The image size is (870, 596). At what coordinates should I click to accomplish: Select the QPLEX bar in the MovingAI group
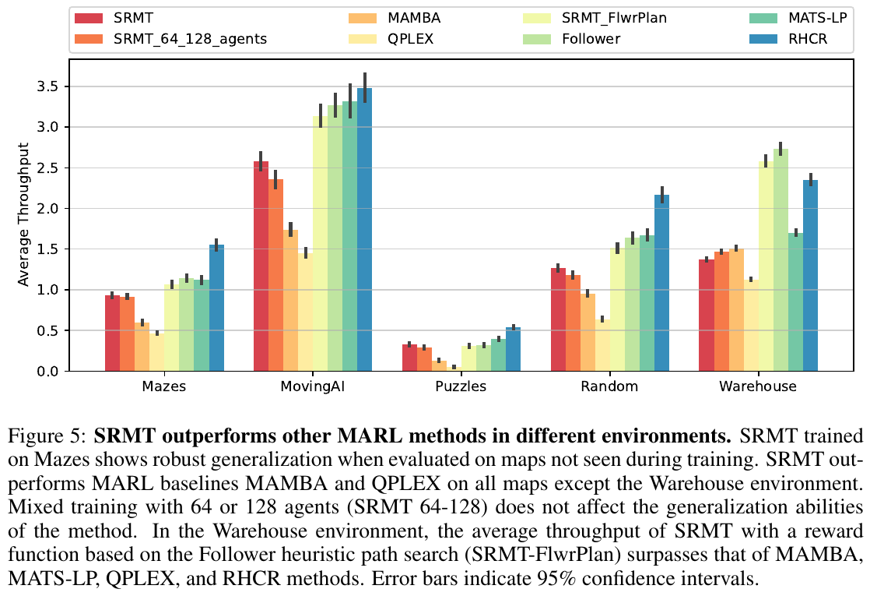click(306, 312)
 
